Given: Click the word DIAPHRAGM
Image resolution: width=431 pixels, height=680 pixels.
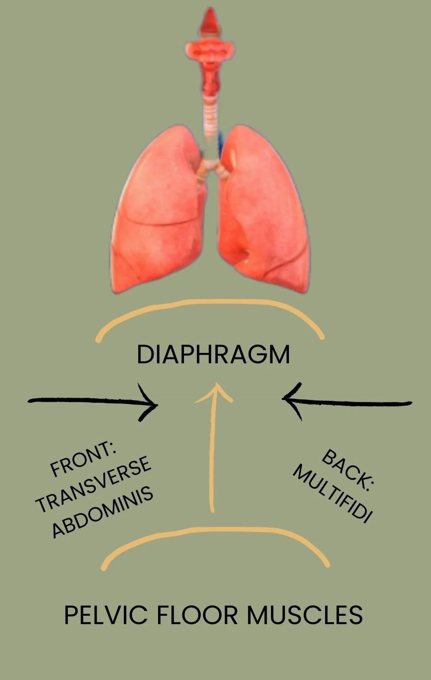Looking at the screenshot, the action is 214,355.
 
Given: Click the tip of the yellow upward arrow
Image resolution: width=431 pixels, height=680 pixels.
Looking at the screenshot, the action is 217,383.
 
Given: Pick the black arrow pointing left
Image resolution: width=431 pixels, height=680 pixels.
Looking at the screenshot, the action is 347,402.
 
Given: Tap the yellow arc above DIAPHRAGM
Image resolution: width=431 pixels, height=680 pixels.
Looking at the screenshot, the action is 210,302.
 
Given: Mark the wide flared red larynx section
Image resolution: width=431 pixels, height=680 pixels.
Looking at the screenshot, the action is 210,50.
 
